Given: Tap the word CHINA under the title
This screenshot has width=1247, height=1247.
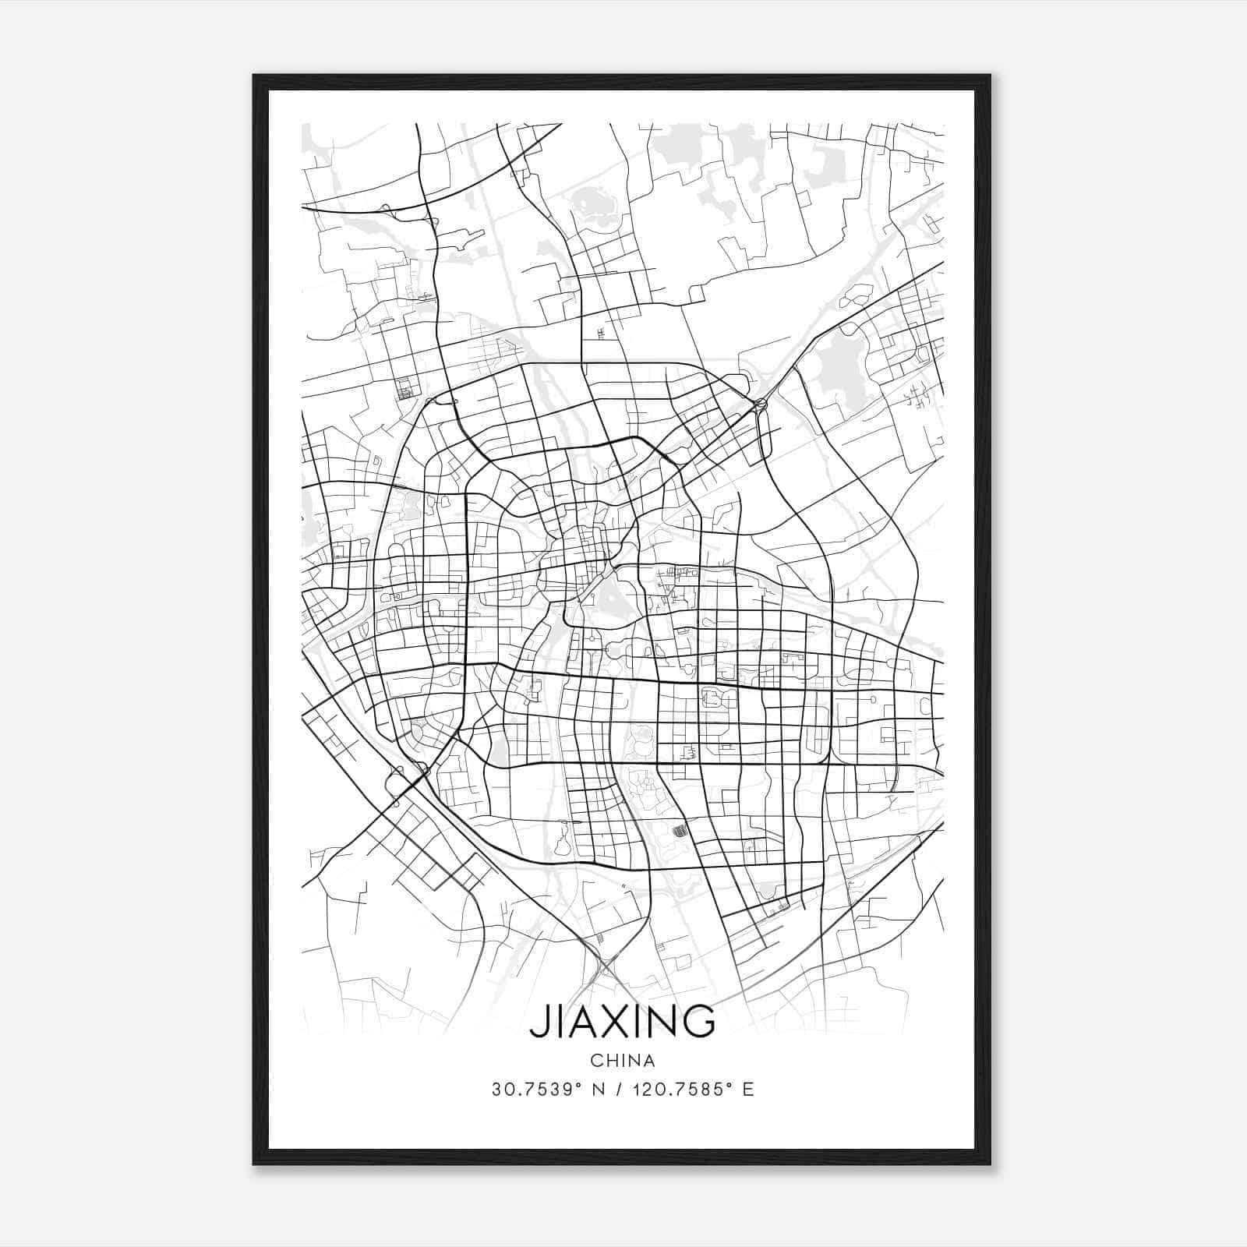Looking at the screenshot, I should pos(622,1061).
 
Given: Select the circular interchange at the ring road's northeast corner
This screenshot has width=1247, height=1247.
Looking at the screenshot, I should pos(760,404).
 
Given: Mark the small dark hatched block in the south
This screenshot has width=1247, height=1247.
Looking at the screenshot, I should pos(680,831).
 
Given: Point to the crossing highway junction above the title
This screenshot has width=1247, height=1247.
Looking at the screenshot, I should pos(606,968).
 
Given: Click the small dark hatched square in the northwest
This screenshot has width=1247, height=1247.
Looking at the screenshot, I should pos(404,387).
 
